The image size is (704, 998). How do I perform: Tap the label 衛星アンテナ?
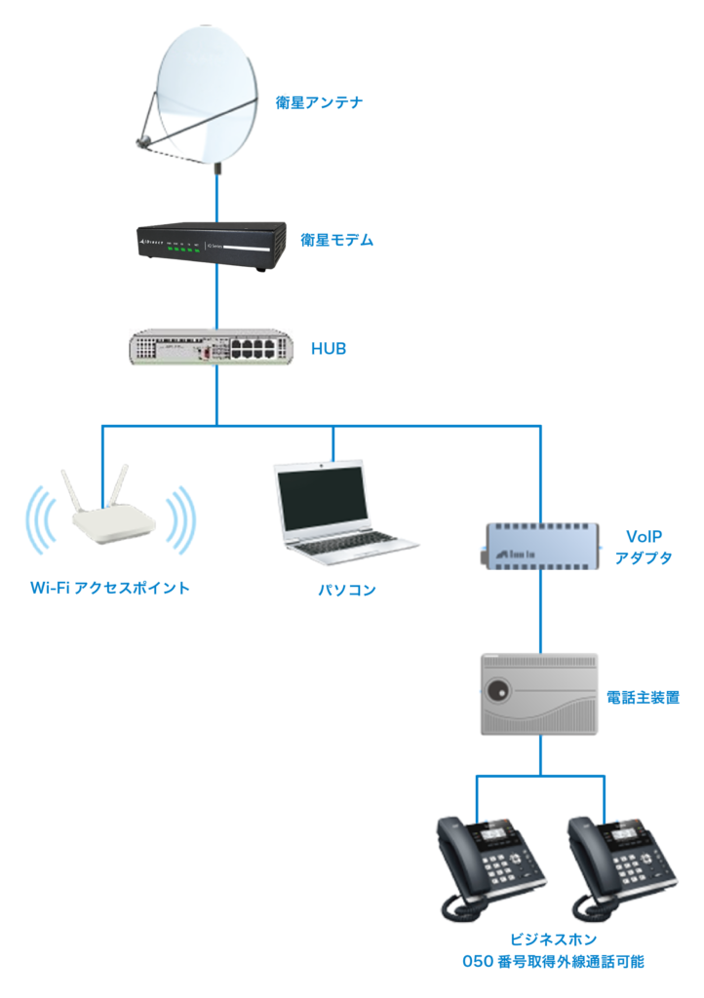pyautogui.click(x=320, y=101)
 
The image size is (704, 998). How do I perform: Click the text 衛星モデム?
pyautogui.click(x=336, y=240)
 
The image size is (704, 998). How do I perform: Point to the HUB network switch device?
pyautogui.click(x=211, y=347)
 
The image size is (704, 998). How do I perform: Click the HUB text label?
pyautogui.click(x=330, y=347)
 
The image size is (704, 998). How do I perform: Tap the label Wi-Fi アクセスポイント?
pyautogui.click(x=109, y=588)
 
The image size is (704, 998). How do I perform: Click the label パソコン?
pyautogui.click(x=346, y=591)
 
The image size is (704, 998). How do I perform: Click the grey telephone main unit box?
pyautogui.click(x=539, y=694)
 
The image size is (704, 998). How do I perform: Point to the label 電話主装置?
pyautogui.click(x=643, y=698)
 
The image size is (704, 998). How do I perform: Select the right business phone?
pyautogui.click(x=616, y=864)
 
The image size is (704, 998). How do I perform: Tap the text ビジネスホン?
pyautogui.click(x=553, y=940)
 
